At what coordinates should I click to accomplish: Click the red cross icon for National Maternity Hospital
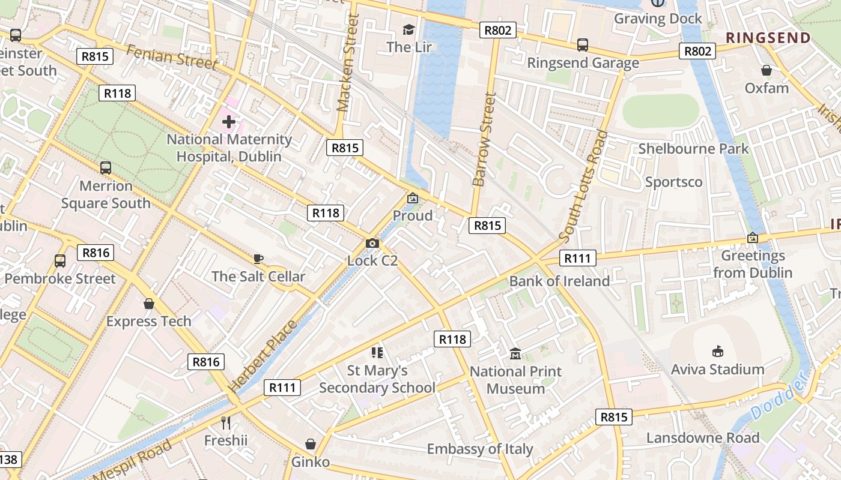click(x=228, y=122)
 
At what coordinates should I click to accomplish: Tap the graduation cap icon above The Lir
click(x=409, y=29)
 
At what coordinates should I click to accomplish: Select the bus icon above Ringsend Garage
click(x=582, y=44)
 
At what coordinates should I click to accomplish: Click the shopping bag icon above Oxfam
click(x=767, y=70)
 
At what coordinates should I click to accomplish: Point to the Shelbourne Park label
click(x=693, y=149)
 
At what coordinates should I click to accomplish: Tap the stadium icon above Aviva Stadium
click(x=717, y=351)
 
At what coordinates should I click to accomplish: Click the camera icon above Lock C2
click(x=372, y=243)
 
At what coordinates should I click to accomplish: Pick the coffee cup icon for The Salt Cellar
click(x=258, y=259)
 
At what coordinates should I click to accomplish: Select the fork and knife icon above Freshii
click(x=226, y=423)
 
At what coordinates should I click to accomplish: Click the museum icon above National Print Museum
click(x=515, y=354)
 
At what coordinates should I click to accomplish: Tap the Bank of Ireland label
click(x=559, y=281)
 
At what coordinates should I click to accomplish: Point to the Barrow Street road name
click(x=484, y=139)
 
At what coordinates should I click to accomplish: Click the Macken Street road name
click(x=348, y=63)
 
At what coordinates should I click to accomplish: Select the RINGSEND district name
click(x=768, y=38)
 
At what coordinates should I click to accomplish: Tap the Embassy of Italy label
click(x=480, y=449)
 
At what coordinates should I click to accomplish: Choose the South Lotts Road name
click(x=583, y=187)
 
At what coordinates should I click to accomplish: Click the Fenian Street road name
click(x=172, y=57)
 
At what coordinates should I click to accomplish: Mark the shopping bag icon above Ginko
click(x=311, y=444)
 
